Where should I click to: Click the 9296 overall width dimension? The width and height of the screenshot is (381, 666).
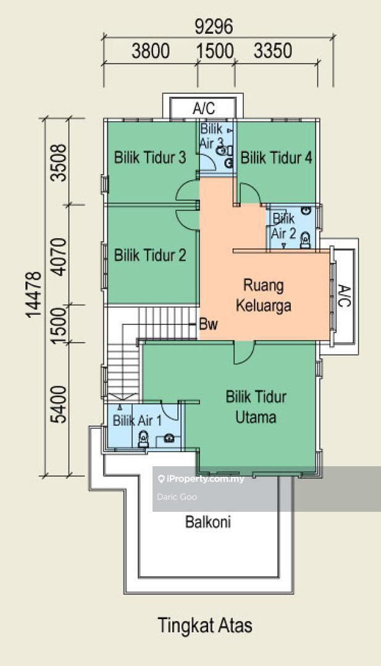point(214,27)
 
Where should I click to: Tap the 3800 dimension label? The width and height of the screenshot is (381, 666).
point(151,51)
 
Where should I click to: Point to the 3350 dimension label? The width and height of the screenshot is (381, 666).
point(273,51)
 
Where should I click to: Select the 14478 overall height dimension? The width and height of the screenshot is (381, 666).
point(34,294)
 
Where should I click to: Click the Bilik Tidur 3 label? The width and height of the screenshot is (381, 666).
point(150,158)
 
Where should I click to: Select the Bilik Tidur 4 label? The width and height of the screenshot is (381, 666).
point(277,158)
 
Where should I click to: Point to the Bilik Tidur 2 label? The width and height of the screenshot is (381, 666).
point(150,255)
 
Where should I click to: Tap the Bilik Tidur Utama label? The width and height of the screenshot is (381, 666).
point(256,407)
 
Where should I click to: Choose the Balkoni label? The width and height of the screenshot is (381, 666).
point(208,522)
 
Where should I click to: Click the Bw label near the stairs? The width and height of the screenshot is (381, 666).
point(208,325)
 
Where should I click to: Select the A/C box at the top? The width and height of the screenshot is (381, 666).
point(203,108)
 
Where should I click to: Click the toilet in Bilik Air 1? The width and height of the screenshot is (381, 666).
point(143,438)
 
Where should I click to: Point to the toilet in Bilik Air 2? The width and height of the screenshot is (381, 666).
point(305,240)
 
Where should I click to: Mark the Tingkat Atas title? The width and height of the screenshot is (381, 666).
point(205,625)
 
